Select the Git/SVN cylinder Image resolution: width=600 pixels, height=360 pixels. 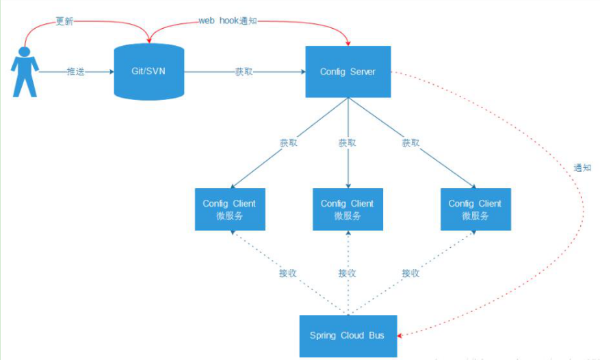point(148,72)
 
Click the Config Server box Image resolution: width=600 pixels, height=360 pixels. point(348,72)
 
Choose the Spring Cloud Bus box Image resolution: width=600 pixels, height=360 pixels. point(348,335)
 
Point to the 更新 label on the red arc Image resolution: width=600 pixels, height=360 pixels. point(64,22)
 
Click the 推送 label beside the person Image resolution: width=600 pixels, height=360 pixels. point(75,72)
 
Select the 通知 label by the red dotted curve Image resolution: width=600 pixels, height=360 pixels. point(582,167)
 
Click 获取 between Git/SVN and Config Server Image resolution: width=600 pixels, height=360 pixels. point(244,72)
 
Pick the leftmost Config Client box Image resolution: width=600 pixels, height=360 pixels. point(229,209)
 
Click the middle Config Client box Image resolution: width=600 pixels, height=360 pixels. point(348,209)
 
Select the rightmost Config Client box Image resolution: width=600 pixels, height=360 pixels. point(475,209)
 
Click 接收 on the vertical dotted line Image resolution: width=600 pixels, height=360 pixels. point(347,273)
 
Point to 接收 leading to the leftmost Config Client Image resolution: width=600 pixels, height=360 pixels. point(287,273)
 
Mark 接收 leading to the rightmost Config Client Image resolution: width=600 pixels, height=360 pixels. point(410,273)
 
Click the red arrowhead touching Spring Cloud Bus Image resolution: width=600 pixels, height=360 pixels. point(400,335)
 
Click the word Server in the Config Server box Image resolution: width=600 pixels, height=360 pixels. point(363,72)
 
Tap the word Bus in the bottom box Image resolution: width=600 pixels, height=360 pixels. point(376,335)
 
